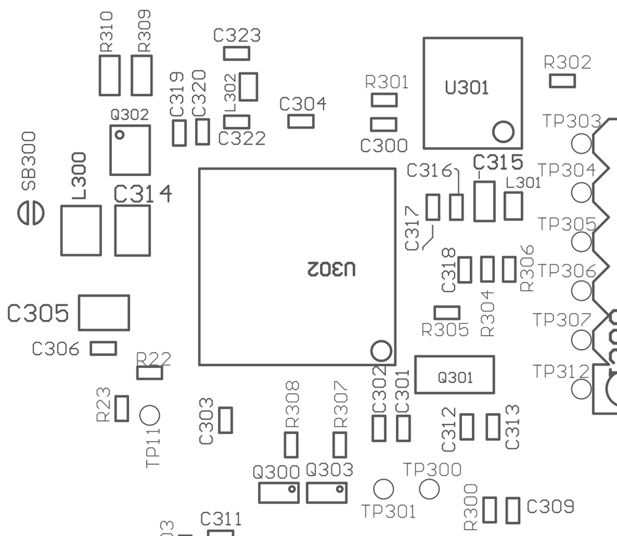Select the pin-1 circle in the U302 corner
pyautogui.click(x=381, y=351)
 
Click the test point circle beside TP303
pyautogui.click(x=582, y=144)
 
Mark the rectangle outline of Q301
pyautogui.click(x=455, y=375)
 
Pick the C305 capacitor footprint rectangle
pyautogui.click(x=104, y=312)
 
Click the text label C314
pyautogui.click(x=143, y=195)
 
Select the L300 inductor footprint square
pyautogui.click(x=81, y=230)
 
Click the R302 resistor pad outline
pyautogui.click(x=563, y=80)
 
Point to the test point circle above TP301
pyautogui.click(x=384, y=489)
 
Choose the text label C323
pyautogui.click(x=237, y=35)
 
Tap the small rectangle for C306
pyautogui.click(x=103, y=348)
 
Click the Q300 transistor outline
pyautogui.click(x=279, y=493)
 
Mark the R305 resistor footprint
pyautogui.click(x=447, y=312)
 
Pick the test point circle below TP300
pyautogui.click(x=429, y=489)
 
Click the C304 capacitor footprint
pyautogui.click(x=301, y=121)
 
